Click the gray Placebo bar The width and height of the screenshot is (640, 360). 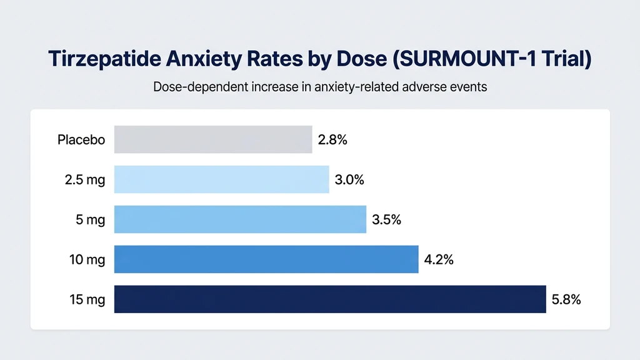213,139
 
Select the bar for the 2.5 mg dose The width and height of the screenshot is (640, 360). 221,179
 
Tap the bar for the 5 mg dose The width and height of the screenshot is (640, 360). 240,219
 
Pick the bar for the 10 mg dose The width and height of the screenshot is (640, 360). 266,259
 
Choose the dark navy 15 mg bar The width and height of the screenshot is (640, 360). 330,299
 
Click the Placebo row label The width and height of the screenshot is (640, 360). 81,140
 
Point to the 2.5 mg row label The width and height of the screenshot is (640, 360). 84,180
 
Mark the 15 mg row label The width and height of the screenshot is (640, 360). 87,300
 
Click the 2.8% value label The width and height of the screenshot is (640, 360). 332,140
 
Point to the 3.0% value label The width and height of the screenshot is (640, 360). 349,180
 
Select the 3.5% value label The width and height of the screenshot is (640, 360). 386,220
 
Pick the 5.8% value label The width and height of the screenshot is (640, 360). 566,300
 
